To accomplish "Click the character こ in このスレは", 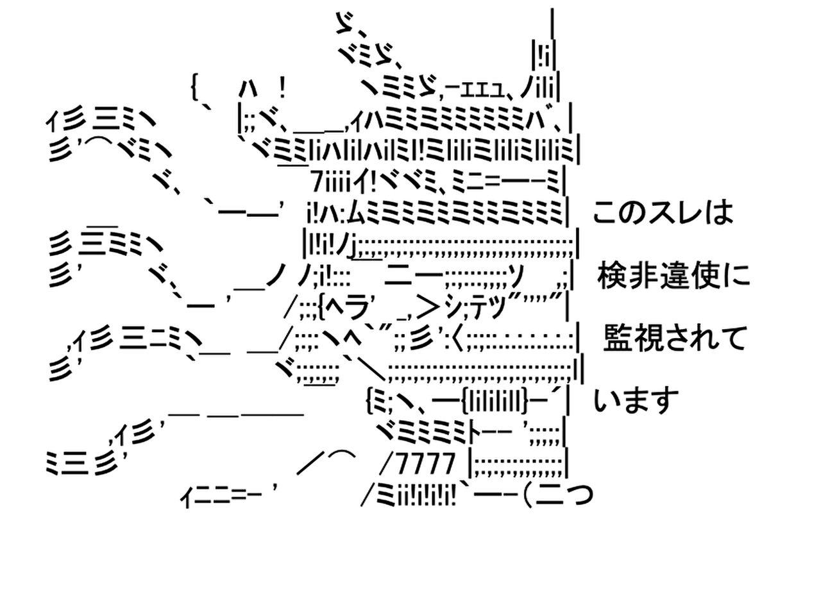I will pos(604,213).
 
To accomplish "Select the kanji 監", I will pos(616,339).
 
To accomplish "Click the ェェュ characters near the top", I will pos(477,86).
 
